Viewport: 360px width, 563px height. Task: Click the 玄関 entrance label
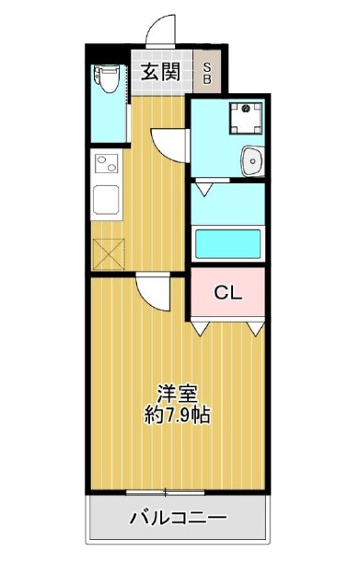[x=160, y=72]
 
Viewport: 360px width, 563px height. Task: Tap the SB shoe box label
[x=207, y=73]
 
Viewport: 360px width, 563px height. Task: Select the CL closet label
[x=228, y=293]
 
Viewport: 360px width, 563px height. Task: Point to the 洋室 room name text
[x=178, y=393]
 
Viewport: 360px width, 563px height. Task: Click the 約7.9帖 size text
[x=178, y=415]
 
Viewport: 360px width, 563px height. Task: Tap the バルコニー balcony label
[x=179, y=518]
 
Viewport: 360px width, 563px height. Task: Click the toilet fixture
[x=106, y=78]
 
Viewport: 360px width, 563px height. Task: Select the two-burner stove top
[x=107, y=164]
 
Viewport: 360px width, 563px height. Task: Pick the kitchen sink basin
[x=106, y=200]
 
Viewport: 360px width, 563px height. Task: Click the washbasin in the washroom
[x=252, y=161]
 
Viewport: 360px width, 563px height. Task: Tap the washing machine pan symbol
[x=246, y=118]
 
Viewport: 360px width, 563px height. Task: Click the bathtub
[x=228, y=244]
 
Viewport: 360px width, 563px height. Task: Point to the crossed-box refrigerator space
[x=109, y=254]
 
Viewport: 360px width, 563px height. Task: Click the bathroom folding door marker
[x=205, y=189]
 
